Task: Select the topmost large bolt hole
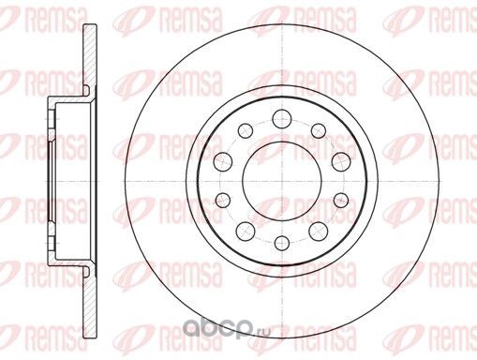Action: (282, 119)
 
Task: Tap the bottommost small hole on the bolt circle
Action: (282, 244)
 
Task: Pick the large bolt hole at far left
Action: (223, 161)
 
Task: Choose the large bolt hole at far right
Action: (341, 162)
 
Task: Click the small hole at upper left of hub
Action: (246, 130)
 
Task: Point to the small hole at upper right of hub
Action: (319, 130)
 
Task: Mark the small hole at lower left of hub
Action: (223, 200)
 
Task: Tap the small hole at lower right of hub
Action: (341, 200)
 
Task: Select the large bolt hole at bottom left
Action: (246, 231)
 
